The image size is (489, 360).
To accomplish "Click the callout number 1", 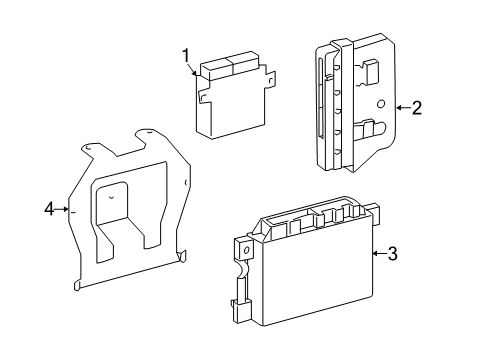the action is [x=186, y=56].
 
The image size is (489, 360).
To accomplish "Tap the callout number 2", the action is [x=417, y=108].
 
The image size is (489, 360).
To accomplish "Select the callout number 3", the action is [x=393, y=254].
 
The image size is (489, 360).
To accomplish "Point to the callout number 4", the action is [x=49, y=209].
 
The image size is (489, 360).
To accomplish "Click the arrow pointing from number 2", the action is [x=403, y=108].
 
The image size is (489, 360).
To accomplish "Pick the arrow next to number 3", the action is [x=379, y=254].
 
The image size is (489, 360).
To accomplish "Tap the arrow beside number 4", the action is [x=62, y=209].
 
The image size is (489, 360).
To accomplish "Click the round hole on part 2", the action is [x=381, y=104].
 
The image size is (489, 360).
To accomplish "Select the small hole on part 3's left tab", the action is [x=247, y=250].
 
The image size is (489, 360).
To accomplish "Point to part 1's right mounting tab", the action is [x=271, y=79].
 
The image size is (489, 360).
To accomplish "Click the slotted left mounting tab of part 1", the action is [x=203, y=97].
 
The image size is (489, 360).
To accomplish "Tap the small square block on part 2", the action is [x=370, y=71].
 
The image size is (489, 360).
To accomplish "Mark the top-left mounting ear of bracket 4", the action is [x=89, y=148].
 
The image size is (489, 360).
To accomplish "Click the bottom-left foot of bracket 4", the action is [x=77, y=286].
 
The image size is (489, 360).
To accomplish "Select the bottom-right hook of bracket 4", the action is [x=182, y=256].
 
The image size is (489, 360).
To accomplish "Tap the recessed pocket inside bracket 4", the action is [x=112, y=202].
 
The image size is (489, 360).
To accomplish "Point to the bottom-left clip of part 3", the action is [x=240, y=308].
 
